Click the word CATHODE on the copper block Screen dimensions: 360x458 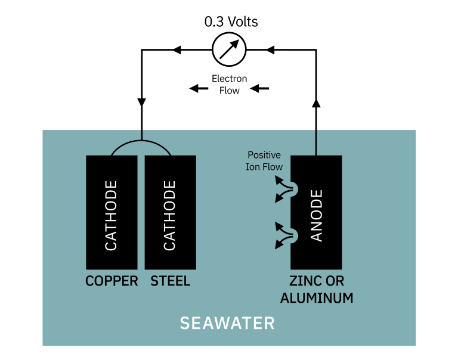(111, 215)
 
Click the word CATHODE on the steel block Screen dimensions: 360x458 (170, 215)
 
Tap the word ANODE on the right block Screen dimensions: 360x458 (317, 215)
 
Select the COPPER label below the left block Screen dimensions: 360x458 (112, 281)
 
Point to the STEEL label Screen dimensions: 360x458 (171, 281)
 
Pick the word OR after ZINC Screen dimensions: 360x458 (335, 281)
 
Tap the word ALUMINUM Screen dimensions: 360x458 (317, 298)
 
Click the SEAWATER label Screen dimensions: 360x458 (227, 323)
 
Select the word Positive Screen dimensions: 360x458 (264, 155)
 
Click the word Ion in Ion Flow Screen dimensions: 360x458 (252, 167)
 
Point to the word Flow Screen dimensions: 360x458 (272, 167)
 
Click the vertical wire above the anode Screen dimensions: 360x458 (315, 142)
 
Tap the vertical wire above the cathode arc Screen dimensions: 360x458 (141, 135)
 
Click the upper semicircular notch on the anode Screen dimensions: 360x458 (294, 190)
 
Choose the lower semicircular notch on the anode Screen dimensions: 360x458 (294, 236)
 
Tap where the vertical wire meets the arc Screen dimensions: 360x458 (141, 141)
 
